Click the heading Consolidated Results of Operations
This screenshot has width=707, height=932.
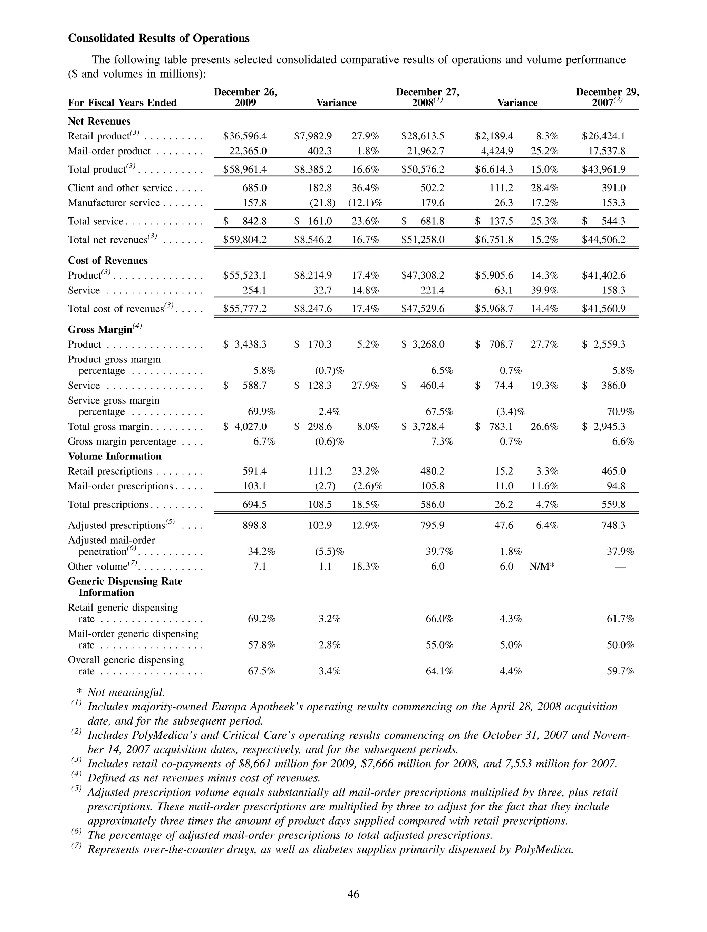click(158, 38)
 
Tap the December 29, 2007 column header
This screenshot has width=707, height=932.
click(607, 97)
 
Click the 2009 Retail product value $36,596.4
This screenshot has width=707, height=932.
click(245, 136)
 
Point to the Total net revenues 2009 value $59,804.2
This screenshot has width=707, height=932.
click(245, 240)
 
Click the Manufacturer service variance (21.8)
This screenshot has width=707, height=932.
click(322, 203)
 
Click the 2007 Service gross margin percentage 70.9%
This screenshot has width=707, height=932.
click(620, 412)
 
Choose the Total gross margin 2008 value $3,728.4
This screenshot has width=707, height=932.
click(423, 427)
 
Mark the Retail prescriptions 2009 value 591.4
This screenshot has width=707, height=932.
click(254, 472)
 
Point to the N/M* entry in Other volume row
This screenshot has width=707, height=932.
click(542, 567)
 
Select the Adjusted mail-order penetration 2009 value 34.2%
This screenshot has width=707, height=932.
click(261, 552)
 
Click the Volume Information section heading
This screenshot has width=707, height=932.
click(115, 457)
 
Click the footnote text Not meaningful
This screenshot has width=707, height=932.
click(126, 692)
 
